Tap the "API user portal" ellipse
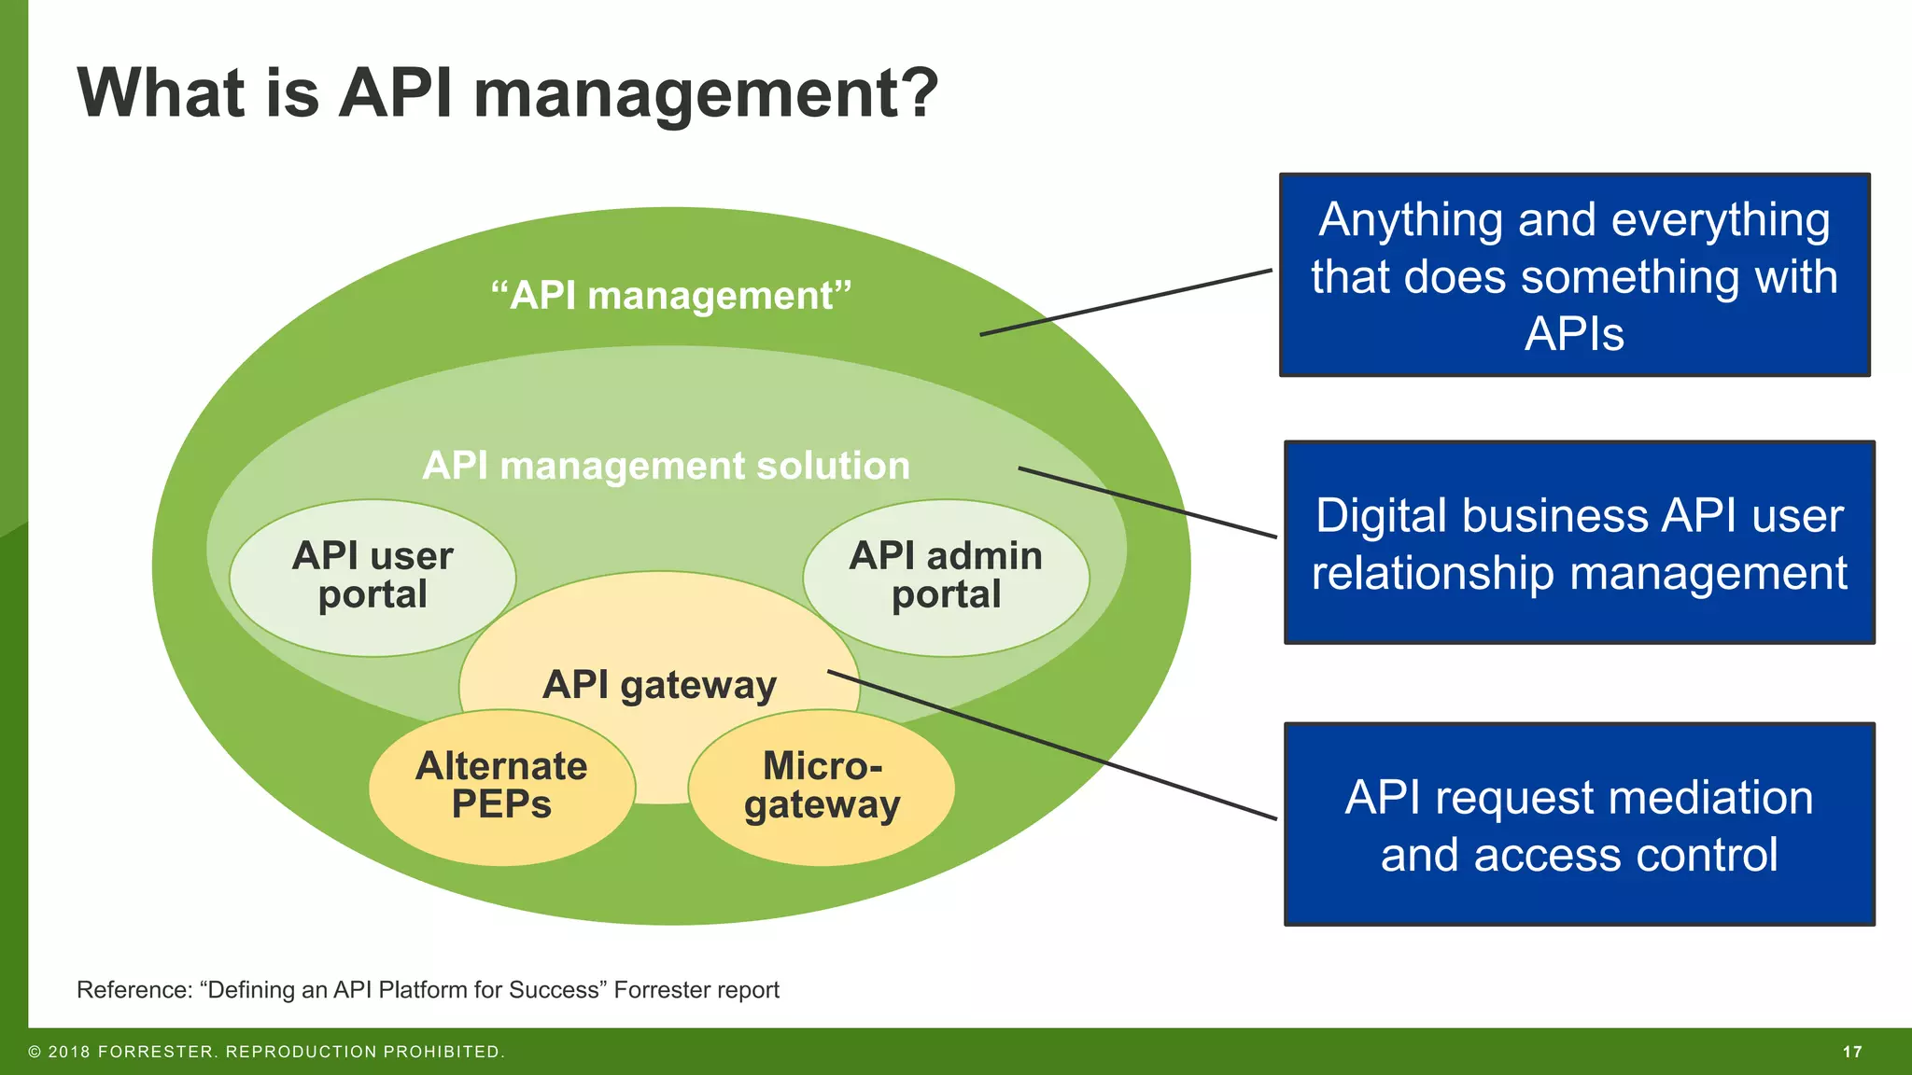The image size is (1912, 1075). pyautogui.click(x=373, y=577)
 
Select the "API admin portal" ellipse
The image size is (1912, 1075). pyautogui.click(x=946, y=577)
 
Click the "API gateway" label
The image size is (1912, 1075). pyautogui.click(x=659, y=685)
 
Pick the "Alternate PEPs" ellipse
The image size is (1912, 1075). pyautogui.click(x=501, y=787)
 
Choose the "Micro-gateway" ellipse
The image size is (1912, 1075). pyautogui.click(x=822, y=787)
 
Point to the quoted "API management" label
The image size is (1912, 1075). pyautogui.click(x=671, y=296)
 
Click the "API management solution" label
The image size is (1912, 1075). pyautogui.click(x=666, y=466)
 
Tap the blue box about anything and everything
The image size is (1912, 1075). pyautogui.click(x=1574, y=275)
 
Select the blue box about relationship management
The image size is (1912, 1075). pyautogui.click(x=1579, y=543)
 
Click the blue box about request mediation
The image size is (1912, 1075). pyautogui.click(x=1579, y=825)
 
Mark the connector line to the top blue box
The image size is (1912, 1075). pyautogui.click(x=1125, y=302)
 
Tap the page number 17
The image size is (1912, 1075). pyautogui.click(x=1852, y=1052)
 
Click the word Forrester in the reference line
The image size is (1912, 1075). pyautogui.click(x=649, y=990)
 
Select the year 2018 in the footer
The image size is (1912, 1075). pyautogui.click(x=69, y=1052)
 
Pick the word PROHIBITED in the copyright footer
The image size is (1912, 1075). pyautogui.click(x=443, y=1052)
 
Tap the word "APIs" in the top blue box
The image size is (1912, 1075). pyautogui.click(x=1574, y=333)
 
